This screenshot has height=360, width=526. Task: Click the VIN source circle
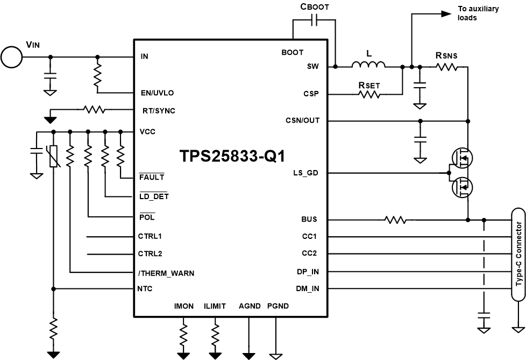pos(11,57)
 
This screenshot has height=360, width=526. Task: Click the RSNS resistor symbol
pos(446,67)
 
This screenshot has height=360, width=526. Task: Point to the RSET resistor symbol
pos(369,94)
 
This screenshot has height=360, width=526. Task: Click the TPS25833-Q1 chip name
pos(232,156)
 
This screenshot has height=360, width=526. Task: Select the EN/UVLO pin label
pos(157,93)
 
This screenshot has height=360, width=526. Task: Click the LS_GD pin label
pos(305,173)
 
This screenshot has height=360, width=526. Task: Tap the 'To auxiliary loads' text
pos(478,13)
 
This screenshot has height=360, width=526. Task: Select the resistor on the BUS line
pos(395,220)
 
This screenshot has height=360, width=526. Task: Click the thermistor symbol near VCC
pos(53,156)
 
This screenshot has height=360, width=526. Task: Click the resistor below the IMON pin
pos(184,327)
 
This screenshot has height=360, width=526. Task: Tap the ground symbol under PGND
pos(275,355)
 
